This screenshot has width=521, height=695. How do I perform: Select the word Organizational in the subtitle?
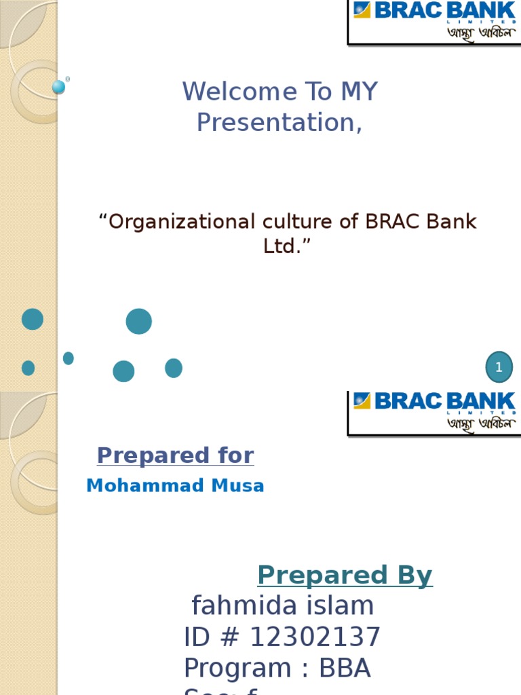pyautogui.click(x=182, y=222)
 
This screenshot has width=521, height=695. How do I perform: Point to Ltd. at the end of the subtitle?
pyautogui.click(x=281, y=246)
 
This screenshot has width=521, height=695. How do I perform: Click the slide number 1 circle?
pyautogui.click(x=499, y=367)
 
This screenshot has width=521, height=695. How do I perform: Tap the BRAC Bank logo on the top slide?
pyautogui.click(x=434, y=22)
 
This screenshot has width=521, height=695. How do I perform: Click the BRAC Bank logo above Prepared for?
pyautogui.click(x=434, y=413)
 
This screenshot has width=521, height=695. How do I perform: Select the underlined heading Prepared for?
pyautogui.click(x=175, y=455)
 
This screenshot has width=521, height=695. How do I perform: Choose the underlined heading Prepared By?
pyautogui.click(x=345, y=576)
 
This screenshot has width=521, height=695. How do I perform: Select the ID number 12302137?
pyautogui.click(x=315, y=638)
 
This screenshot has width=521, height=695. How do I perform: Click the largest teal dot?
pyautogui.click(x=138, y=321)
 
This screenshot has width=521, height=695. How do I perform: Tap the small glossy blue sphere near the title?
pyautogui.click(x=59, y=87)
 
